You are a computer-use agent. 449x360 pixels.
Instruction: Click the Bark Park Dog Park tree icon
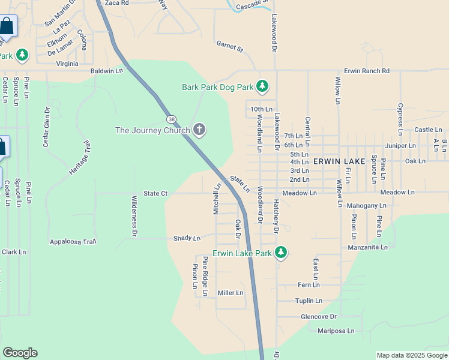(x=262, y=87)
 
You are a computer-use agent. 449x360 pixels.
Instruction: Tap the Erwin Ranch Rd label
(x=366, y=71)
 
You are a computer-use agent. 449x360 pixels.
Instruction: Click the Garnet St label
(x=230, y=47)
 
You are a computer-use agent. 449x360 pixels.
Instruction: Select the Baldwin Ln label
(x=106, y=71)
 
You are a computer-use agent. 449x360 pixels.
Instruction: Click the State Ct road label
(x=155, y=193)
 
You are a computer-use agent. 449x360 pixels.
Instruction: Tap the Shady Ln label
(x=187, y=238)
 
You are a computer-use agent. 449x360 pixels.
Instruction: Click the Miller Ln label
(x=231, y=293)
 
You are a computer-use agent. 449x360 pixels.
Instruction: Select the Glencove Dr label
(x=319, y=316)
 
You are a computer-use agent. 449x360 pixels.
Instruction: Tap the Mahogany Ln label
(x=367, y=206)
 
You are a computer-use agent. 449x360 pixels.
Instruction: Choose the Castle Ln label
(x=428, y=130)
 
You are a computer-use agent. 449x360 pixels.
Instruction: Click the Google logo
(x=20, y=353)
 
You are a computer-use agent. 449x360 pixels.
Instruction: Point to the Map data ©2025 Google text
(x=412, y=355)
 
